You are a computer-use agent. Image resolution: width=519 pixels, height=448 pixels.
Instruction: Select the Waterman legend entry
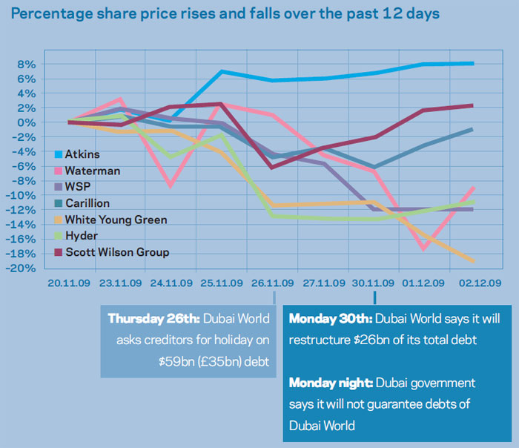coord(90,171)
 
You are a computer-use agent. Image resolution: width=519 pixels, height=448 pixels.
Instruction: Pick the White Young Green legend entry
coord(115,220)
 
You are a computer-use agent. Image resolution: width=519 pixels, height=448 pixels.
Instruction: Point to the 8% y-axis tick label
coord(27,65)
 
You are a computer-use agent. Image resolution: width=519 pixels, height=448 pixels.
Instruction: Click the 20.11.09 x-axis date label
coord(69,283)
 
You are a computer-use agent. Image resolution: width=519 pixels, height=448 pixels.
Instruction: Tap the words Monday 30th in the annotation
coord(331,319)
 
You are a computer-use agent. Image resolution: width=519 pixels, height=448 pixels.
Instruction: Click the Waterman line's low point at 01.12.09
coord(423,249)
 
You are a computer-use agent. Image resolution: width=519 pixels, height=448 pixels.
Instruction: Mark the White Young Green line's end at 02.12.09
coord(473,260)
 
